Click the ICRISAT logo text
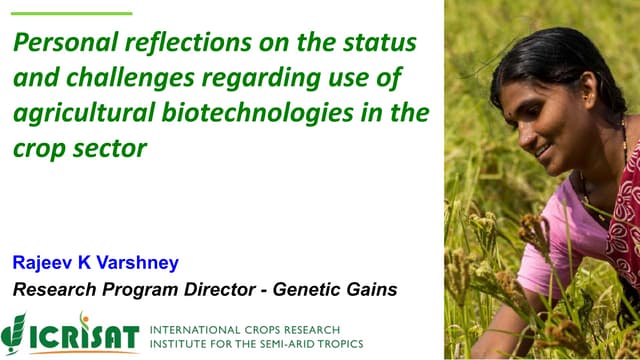[x=85, y=334]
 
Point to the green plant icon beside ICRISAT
[x=14, y=331]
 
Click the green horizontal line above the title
[x=71, y=13]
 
